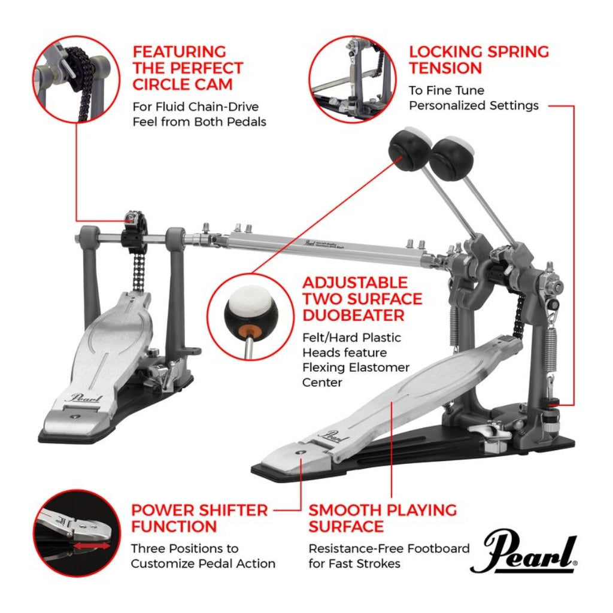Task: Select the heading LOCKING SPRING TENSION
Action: (x=478, y=59)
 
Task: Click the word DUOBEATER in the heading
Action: (x=353, y=314)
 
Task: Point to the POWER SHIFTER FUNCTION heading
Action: (x=199, y=518)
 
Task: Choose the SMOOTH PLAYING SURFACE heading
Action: (x=382, y=518)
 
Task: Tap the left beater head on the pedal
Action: (x=409, y=146)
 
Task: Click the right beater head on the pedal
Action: (x=452, y=157)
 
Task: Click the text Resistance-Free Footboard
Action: (x=389, y=548)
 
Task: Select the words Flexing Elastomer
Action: (x=356, y=367)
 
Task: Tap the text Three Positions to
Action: (x=184, y=548)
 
